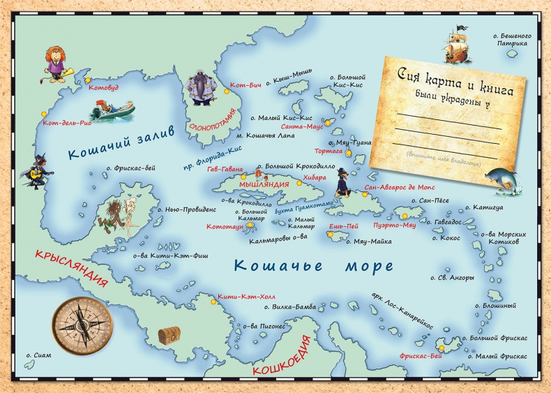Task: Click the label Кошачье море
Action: [313, 265]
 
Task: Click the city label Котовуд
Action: [103, 88]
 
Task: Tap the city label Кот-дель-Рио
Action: [67, 124]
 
